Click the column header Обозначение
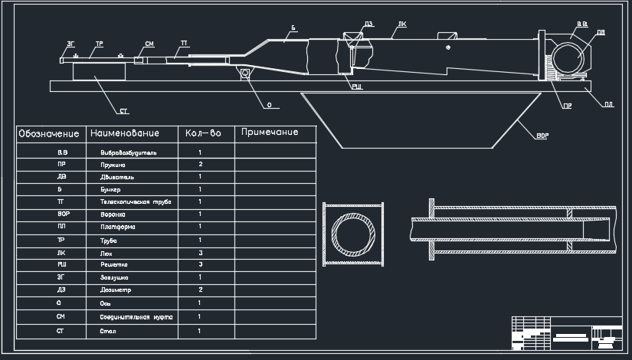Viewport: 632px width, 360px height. coord(49,134)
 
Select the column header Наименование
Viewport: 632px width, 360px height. coord(125,134)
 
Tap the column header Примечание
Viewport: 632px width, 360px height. coord(269,133)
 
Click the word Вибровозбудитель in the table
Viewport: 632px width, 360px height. coord(129,152)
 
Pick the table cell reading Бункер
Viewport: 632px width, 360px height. coord(110,189)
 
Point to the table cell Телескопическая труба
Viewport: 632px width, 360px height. coord(136,201)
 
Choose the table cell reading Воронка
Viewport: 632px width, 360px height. coord(113,214)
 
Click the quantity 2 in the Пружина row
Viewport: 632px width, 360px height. coord(200,165)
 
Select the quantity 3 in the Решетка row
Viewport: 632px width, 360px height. coord(200,264)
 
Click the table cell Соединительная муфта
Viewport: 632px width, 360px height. coord(136,316)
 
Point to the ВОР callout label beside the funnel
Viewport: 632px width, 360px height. coord(542,136)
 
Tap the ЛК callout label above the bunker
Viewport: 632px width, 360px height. coord(403,25)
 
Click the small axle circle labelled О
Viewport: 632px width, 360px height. coord(245,74)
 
